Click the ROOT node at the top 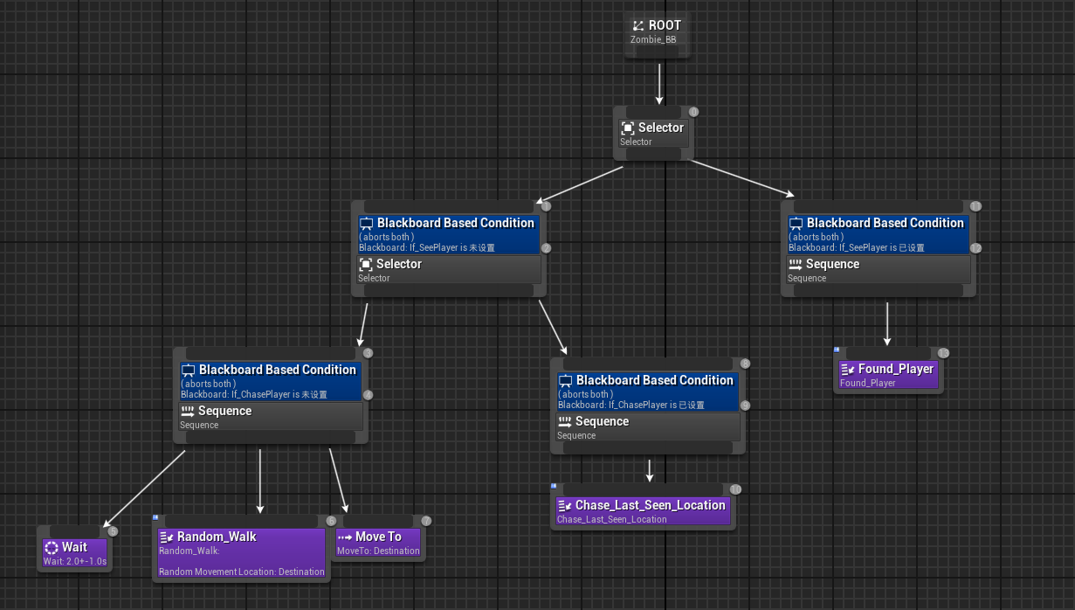tap(658, 26)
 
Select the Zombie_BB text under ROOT tap(652, 39)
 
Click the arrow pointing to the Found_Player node tap(887, 324)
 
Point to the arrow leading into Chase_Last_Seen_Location tap(650, 470)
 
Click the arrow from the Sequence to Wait tap(144, 488)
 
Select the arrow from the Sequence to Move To tap(338, 481)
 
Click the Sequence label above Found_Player tap(832, 264)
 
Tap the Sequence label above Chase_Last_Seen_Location tap(602, 421)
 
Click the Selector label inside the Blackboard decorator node tap(398, 264)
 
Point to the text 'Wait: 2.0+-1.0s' tap(74, 561)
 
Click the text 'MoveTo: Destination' tap(378, 551)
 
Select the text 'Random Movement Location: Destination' tap(241, 572)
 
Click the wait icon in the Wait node tap(52, 547)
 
